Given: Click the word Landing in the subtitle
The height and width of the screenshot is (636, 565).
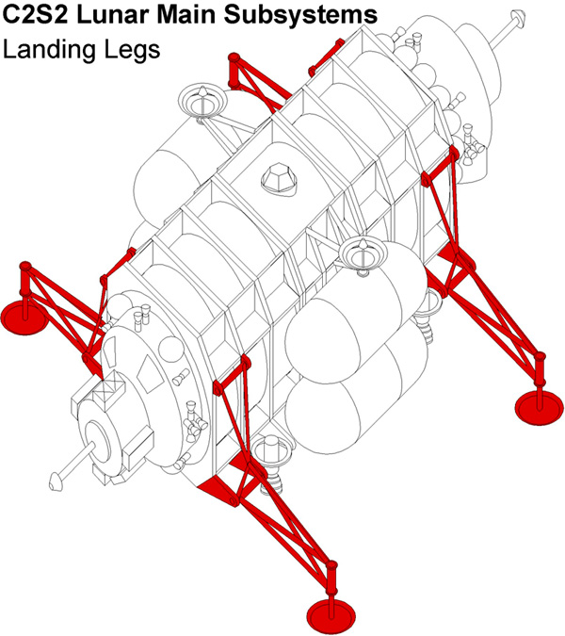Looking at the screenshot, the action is coord(50,51).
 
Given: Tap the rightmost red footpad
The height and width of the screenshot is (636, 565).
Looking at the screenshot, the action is coord(539,408).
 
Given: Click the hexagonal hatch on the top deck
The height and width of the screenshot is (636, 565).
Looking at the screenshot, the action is coord(280,179).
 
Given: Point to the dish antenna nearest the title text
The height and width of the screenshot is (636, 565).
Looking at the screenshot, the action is coord(202,102).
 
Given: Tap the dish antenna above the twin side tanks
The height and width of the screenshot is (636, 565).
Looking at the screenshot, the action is coord(363,254).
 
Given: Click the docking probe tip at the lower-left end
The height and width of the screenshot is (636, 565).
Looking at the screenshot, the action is coord(54,481).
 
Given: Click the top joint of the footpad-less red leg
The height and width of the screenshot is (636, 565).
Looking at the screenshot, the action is coord(234,58).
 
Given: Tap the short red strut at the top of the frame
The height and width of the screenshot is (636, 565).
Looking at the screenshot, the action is coord(326,57).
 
